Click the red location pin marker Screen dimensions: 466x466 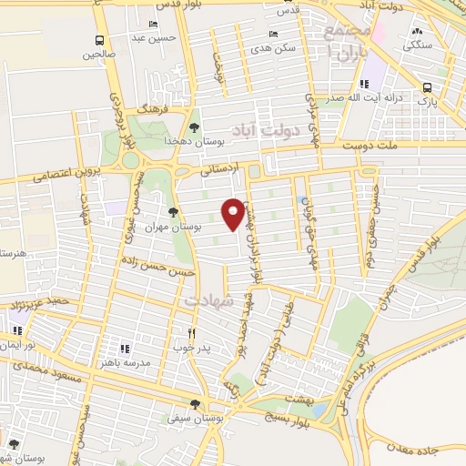[235, 213]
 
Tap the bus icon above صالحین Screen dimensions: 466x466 [99, 40]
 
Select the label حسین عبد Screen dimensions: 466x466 [152, 37]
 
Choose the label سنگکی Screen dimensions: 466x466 [419, 43]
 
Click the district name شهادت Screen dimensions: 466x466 [209, 299]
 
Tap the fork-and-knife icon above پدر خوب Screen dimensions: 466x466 [191, 333]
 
